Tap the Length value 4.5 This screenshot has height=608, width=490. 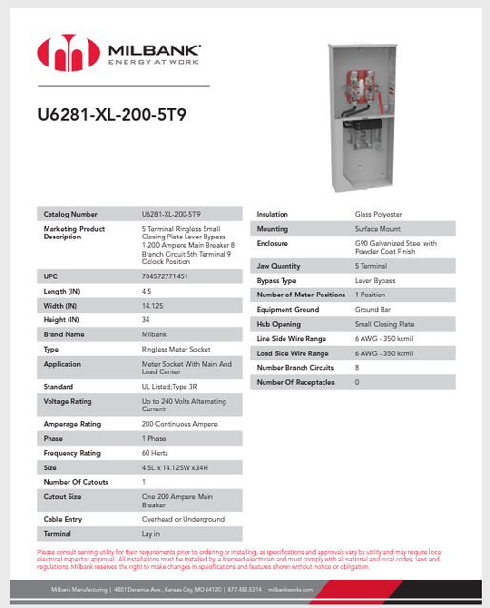coord(147,290)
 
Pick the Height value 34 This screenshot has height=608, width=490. coord(146,319)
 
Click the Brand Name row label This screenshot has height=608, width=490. coord(64,334)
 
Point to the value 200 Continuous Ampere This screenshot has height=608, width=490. coord(181,424)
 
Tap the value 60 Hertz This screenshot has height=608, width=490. coord(155,453)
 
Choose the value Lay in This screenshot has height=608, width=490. coord(151,534)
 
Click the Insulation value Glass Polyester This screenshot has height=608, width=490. coord(379,214)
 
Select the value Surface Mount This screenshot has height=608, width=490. coord(378,229)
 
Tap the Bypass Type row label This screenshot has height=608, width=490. coord(277,280)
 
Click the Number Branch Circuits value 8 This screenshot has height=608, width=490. coord(357,367)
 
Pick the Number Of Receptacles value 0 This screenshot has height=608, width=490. coord(357,381)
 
